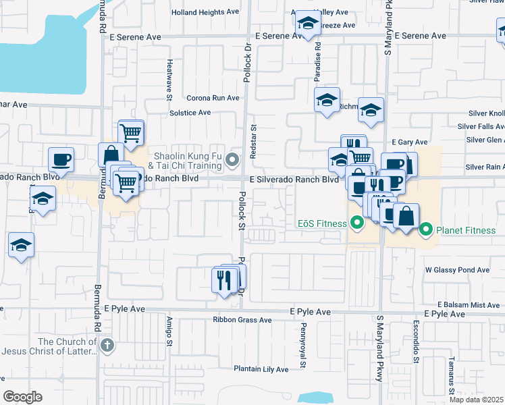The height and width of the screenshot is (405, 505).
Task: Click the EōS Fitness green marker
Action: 356,222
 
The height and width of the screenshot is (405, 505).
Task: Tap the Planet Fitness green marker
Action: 426,230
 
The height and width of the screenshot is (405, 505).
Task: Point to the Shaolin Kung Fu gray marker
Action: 233,160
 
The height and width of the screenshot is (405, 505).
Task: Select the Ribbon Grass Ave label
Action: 242,320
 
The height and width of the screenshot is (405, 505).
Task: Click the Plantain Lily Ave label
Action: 261,369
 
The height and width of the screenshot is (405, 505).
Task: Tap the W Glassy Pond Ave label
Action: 457,270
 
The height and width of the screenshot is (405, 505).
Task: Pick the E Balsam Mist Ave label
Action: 468,305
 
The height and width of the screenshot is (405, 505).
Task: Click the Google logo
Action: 22,397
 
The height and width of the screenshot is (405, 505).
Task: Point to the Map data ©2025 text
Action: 477,400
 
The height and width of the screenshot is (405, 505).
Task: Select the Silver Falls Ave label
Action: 481,126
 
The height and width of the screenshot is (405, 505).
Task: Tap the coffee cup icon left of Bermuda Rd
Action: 61,160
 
